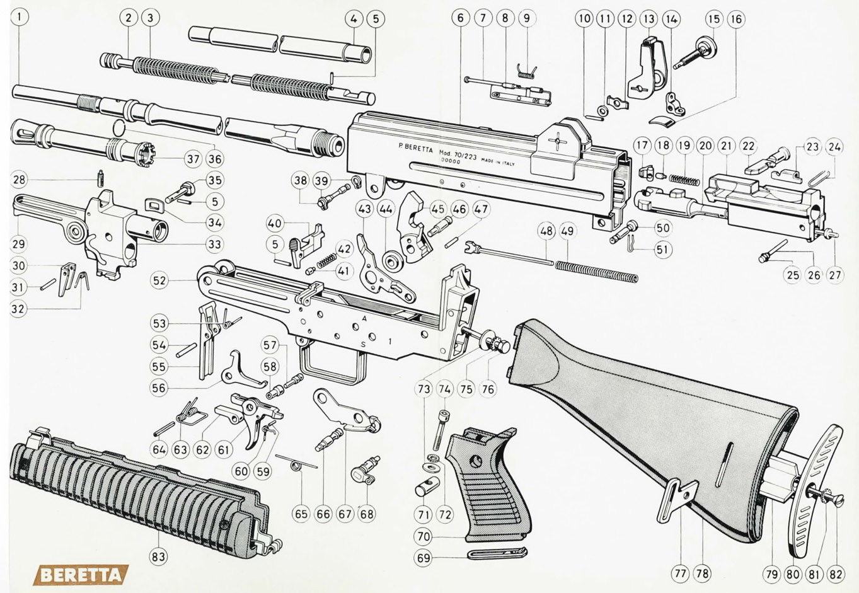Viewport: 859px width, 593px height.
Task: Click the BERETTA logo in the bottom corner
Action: coord(80,575)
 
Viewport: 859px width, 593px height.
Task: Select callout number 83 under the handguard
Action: coord(158,556)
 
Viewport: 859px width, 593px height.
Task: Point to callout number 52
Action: coord(159,280)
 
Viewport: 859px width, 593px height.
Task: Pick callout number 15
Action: coord(713,19)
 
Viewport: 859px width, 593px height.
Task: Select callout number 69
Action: coord(424,558)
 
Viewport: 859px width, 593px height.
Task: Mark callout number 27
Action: coord(835,275)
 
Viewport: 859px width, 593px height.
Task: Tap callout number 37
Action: coord(193,159)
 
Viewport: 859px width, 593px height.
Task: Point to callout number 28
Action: coord(20,180)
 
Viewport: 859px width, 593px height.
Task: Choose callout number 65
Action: coord(301,514)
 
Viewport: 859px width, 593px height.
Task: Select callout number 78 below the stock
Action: coord(702,573)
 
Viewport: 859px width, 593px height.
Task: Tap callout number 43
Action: coord(364,209)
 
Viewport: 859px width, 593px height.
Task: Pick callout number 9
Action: coord(527,18)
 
